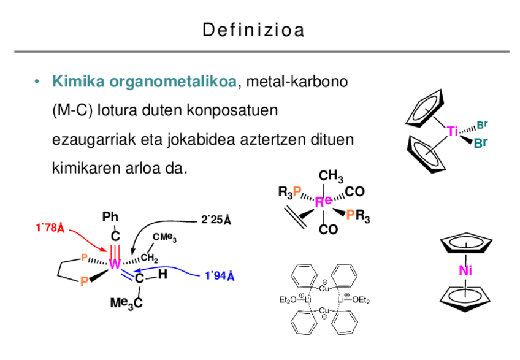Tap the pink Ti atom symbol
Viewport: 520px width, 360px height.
[x=453, y=131]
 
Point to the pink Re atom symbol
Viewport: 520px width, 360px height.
[x=324, y=201]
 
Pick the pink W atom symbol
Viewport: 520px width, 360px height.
[x=114, y=264]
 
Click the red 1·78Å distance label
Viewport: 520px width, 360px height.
[x=50, y=228]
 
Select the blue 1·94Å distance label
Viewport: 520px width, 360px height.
[x=220, y=276]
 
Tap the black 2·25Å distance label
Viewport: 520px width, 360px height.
[x=216, y=220]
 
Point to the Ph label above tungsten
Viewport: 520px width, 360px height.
[x=110, y=217]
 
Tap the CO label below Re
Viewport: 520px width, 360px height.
[x=328, y=230]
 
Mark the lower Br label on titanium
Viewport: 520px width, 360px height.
[x=480, y=145]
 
